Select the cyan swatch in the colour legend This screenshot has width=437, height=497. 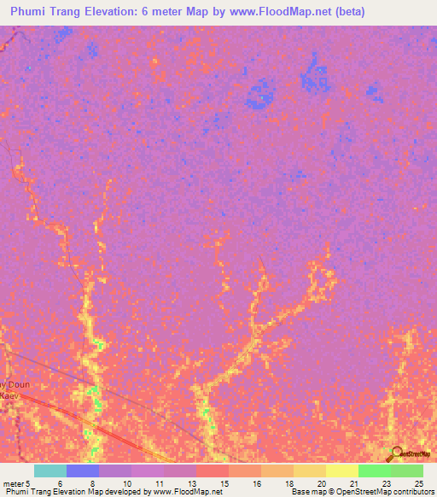(x=50, y=471)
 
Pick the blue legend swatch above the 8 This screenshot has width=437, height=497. (x=83, y=471)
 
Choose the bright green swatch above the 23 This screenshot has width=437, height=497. (x=375, y=471)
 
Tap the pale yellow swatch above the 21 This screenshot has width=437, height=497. (x=342, y=471)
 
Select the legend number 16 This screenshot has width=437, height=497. (x=256, y=482)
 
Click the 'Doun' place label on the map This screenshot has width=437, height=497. (x=18, y=384)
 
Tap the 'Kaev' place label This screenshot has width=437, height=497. (x=9, y=395)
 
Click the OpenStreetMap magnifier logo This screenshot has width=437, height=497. (x=395, y=453)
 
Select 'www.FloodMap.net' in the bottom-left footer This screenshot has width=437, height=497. (x=181, y=492)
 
